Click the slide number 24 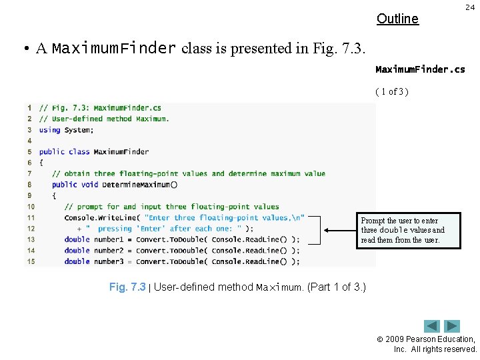click(469, 7)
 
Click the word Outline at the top click(397, 19)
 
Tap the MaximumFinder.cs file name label click(420, 69)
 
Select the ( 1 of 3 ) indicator click(391, 91)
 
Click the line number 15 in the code click(31, 261)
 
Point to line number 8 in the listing click(31, 185)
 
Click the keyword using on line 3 click(49, 130)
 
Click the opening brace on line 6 click(41, 163)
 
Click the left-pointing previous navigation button click(433, 326)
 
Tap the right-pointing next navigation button click(453, 326)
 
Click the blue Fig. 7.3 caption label click(127, 287)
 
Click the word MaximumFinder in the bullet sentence click(113, 49)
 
